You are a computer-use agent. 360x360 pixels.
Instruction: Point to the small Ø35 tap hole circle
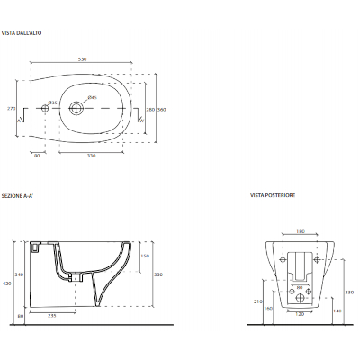coord(46,110)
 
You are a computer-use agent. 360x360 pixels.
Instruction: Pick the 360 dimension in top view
coord(162,109)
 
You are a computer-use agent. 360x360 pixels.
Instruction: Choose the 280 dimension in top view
coord(150,109)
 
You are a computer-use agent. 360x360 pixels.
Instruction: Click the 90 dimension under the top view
coord(37,156)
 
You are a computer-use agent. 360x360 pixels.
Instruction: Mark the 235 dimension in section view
coord(52,316)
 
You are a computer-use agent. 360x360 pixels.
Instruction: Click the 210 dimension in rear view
coord(257,301)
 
